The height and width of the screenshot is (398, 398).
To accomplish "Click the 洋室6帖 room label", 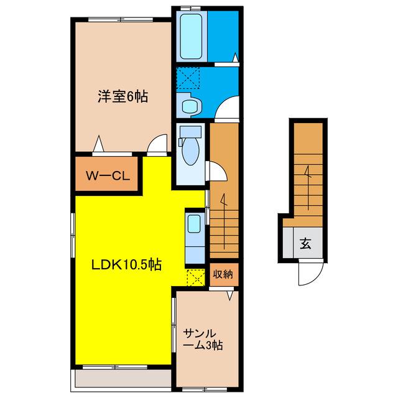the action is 123,97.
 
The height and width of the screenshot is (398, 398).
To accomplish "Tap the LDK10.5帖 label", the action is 126,265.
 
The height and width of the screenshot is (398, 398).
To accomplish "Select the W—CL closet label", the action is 108,176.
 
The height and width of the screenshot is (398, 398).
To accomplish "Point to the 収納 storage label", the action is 223,274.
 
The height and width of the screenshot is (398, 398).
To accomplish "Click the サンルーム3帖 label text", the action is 203,340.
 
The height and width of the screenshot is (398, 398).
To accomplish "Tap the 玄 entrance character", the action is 305,244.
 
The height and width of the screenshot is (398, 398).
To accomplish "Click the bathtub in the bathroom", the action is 191,36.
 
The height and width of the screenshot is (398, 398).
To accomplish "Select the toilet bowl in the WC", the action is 191,152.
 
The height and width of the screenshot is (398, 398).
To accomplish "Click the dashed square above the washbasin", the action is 188,78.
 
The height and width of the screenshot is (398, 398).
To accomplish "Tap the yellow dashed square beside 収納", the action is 196,278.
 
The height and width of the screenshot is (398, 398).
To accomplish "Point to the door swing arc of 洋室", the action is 157,144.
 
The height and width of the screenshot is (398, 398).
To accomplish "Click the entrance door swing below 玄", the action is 311,273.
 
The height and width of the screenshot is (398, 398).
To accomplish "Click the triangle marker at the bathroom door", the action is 236,57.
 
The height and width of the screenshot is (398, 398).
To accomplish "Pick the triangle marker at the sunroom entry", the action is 230,296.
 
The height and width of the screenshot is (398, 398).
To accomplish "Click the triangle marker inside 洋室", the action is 98,144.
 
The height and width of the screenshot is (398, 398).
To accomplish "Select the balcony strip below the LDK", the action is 123,378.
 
